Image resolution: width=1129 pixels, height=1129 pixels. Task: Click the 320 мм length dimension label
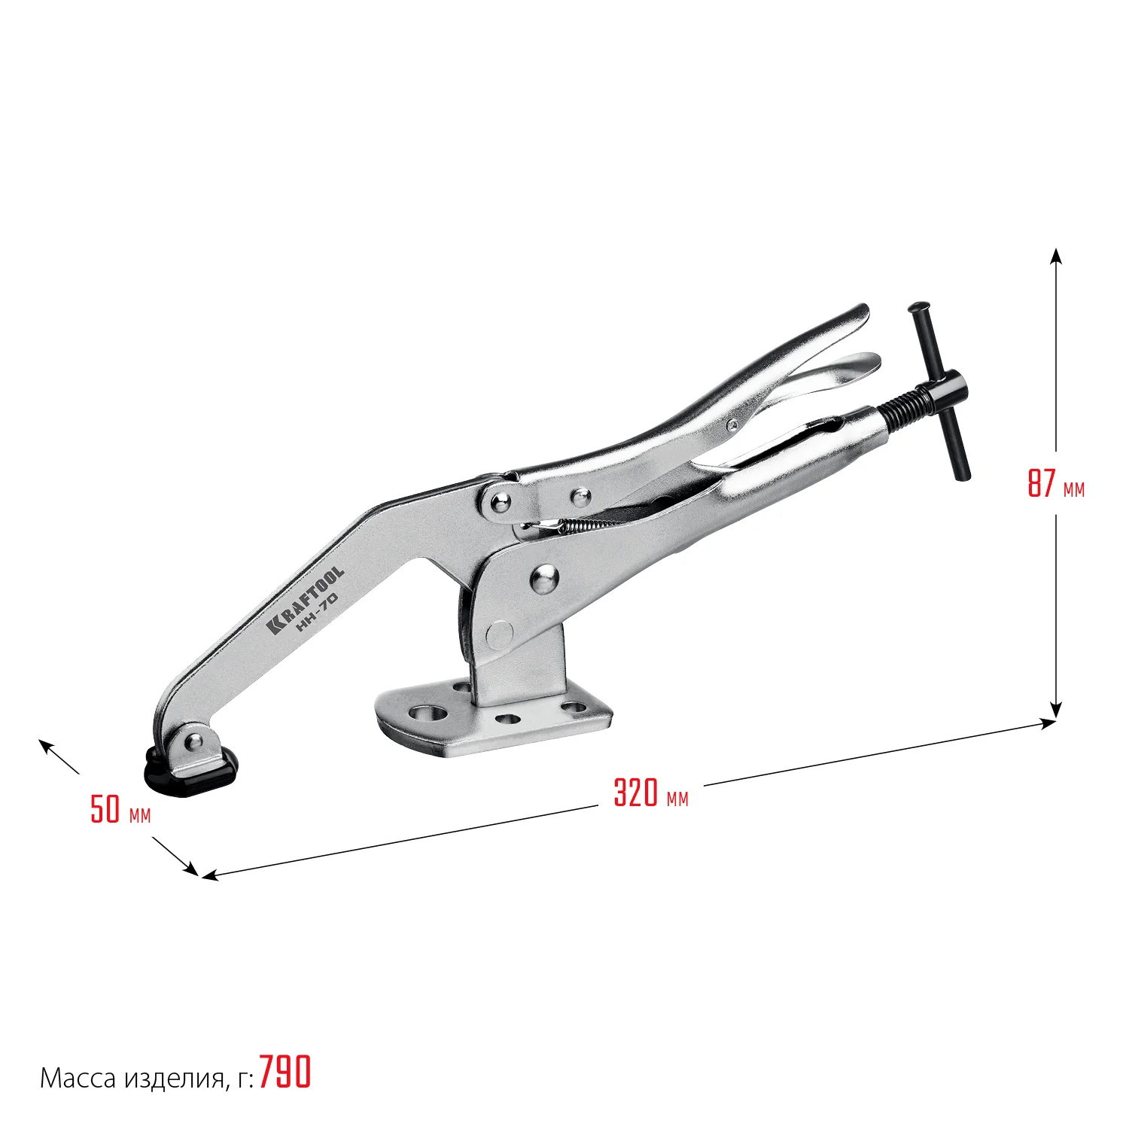(x=651, y=793)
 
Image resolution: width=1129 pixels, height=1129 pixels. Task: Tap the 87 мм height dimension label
(x=1056, y=483)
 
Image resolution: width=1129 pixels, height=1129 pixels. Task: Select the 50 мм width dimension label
(x=120, y=809)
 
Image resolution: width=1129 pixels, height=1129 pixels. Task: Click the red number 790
(x=285, y=1072)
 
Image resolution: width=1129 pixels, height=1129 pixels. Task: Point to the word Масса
(x=78, y=1079)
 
